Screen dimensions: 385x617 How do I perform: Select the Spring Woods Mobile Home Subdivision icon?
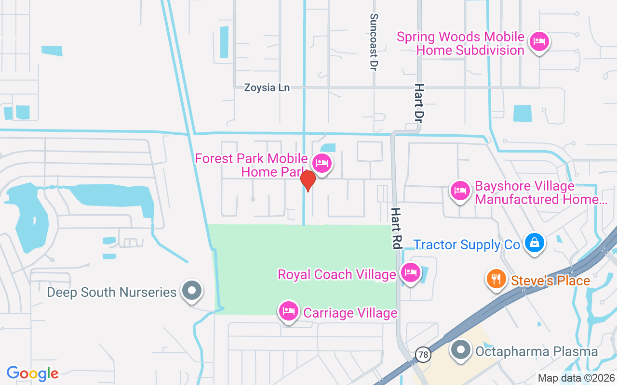click(x=538, y=41)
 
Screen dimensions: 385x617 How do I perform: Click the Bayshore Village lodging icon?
click(x=460, y=191)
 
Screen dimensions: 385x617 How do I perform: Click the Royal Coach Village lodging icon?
click(x=410, y=272)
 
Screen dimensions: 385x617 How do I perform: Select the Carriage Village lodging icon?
click(x=289, y=311)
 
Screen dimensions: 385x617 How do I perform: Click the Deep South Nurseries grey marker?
click(x=192, y=290)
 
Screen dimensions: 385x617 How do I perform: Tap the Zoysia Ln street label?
click(x=267, y=88)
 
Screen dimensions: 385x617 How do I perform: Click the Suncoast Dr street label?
click(x=373, y=42)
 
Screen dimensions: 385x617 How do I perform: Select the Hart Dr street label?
click(x=419, y=102)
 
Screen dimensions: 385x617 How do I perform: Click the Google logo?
click(x=33, y=373)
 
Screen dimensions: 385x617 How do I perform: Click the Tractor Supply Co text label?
click(x=467, y=245)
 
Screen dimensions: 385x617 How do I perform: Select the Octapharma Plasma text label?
click(x=537, y=352)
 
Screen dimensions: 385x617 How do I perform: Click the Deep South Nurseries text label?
click(x=112, y=292)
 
